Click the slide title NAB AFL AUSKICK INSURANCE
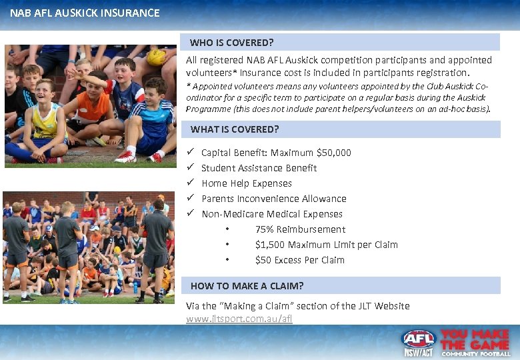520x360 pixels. [x=85, y=13]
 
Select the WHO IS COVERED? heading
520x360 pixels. [x=231, y=43]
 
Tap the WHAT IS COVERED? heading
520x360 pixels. [x=235, y=129]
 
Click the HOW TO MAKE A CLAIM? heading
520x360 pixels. [x=247, y=286]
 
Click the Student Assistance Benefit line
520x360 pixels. [x=259, y=168]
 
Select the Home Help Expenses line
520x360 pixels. [x=247, y=183]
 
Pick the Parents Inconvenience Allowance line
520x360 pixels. [x=273, y=199]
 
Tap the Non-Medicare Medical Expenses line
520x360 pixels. [x=272, y=214]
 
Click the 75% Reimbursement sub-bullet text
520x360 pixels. [x=300, y=229]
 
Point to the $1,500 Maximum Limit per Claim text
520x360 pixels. [x=326, y=245]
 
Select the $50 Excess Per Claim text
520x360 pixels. [x=299, y=260]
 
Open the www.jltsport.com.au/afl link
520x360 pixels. [x=239, y=319]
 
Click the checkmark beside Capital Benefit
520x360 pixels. [x=190, y=153]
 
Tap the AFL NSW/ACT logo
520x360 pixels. [x=419, y=343]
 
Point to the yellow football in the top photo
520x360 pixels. [x=156, y=57]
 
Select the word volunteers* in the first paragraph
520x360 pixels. [x=208, y=73]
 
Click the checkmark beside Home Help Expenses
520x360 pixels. [x=190, y=183]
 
